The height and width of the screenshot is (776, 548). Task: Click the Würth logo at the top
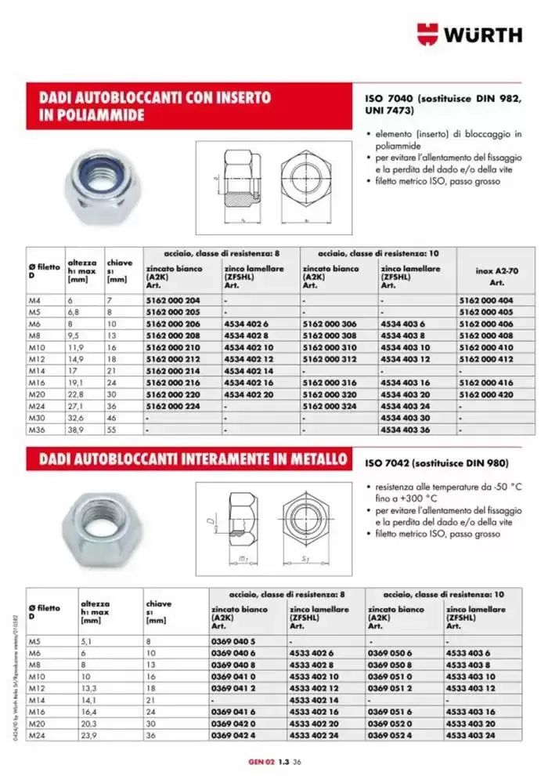[x=469, y=34]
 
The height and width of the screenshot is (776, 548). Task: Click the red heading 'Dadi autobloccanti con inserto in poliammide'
[x=155, y=106]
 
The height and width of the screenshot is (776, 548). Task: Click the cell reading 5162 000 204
[x=172, y=300]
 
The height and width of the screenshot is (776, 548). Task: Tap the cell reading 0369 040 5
[x=233, y=640]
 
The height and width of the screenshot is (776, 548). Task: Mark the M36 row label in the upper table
[x=38, y=430]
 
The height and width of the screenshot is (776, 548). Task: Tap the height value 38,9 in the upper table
[x=77, y=430]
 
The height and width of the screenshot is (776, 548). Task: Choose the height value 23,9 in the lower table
[x=91, y=737]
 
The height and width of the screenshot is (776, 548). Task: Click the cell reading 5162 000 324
[x=328, y=406]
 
